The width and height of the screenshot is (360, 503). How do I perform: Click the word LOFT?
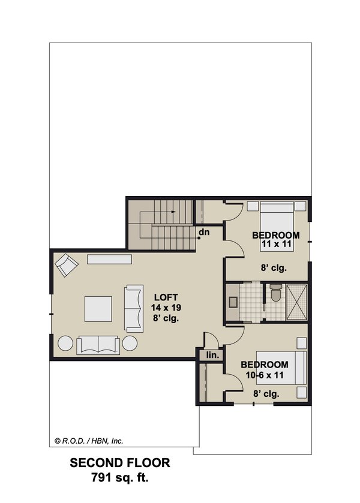coord(164,297)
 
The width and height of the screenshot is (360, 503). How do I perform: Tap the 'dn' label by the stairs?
coord(204,232)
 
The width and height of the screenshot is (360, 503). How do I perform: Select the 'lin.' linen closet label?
coord(212,356)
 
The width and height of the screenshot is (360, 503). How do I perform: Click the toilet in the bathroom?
coord(275,294)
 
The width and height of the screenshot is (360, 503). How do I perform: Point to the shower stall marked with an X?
coord(298,302)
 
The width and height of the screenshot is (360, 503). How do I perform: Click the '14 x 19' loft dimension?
coord(164,308)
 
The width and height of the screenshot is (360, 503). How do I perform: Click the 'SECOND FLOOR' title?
coord(120,463)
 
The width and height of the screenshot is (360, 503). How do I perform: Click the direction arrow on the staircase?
coord(172,212)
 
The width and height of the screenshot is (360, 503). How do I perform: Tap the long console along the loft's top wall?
coord(109,260)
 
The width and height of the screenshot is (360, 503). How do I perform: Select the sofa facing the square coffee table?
coord(134,309)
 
